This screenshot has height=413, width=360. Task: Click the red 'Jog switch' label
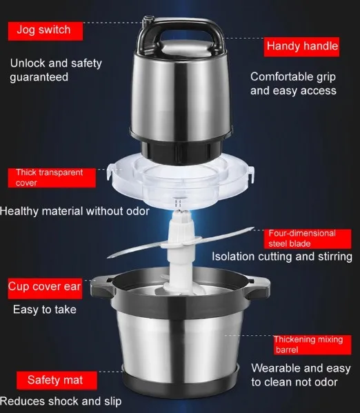tap(46, 31)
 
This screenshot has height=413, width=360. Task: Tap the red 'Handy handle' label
tap(301, 47)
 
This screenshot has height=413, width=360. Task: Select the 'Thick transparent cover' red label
tap(52, 178)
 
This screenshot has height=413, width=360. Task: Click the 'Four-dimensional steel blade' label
tap(308, 239)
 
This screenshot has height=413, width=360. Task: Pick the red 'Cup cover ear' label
tap(45, 288)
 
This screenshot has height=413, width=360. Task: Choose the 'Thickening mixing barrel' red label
tap(312, 345)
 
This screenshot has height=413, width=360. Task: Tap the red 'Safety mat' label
tap(57, 381)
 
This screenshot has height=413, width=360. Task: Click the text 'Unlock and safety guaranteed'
tap(56, 70)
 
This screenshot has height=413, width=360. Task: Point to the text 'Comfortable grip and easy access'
tap(293, 83)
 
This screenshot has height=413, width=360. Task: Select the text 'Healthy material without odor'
tap(74, 211)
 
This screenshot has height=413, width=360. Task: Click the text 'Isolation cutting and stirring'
tap(282, 256)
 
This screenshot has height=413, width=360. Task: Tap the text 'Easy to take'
tap(45, 310)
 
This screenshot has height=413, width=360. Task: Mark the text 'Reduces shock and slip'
tap(61, 401)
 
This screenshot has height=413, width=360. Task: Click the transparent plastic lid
tap(181, 182)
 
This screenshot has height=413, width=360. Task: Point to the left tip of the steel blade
tap(108, 256)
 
